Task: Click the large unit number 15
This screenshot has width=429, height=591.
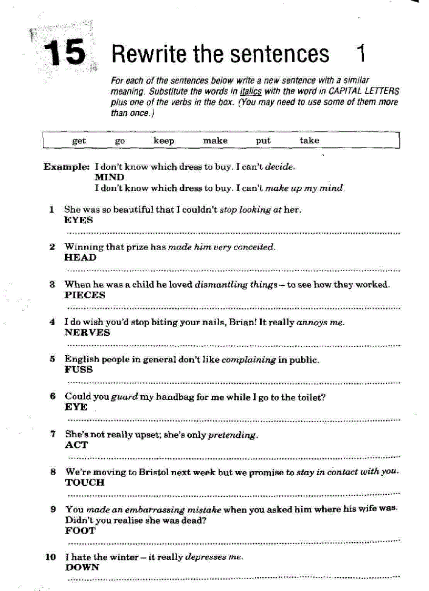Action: click(x=65, y=53)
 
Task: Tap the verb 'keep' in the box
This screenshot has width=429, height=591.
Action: click(x=164, y=141)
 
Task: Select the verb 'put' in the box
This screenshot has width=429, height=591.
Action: click(x=263, y=141)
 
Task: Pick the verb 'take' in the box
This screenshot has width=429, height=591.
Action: click(x=309, y=141)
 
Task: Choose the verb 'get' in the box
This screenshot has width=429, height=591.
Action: click(x=79, y=141)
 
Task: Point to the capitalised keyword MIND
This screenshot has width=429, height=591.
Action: click(x=109, y=177)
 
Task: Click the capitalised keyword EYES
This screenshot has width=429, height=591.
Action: click(x=78, y=220)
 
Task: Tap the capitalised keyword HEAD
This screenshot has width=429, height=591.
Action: click(x=80, y=257)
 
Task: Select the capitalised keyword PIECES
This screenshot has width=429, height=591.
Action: click(x=85, y=295)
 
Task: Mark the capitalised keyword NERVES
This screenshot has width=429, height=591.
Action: click(x=87, y=332)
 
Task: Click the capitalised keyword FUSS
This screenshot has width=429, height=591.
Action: click(x=79, y=369)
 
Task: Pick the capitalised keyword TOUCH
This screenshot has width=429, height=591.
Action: click(x=85, y=482)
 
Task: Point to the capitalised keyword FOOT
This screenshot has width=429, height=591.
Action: click(x=80, y=530)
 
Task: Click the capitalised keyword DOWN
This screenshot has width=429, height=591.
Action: click(x=81, y=567)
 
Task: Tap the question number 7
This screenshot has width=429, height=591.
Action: click(x=53, y=435)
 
